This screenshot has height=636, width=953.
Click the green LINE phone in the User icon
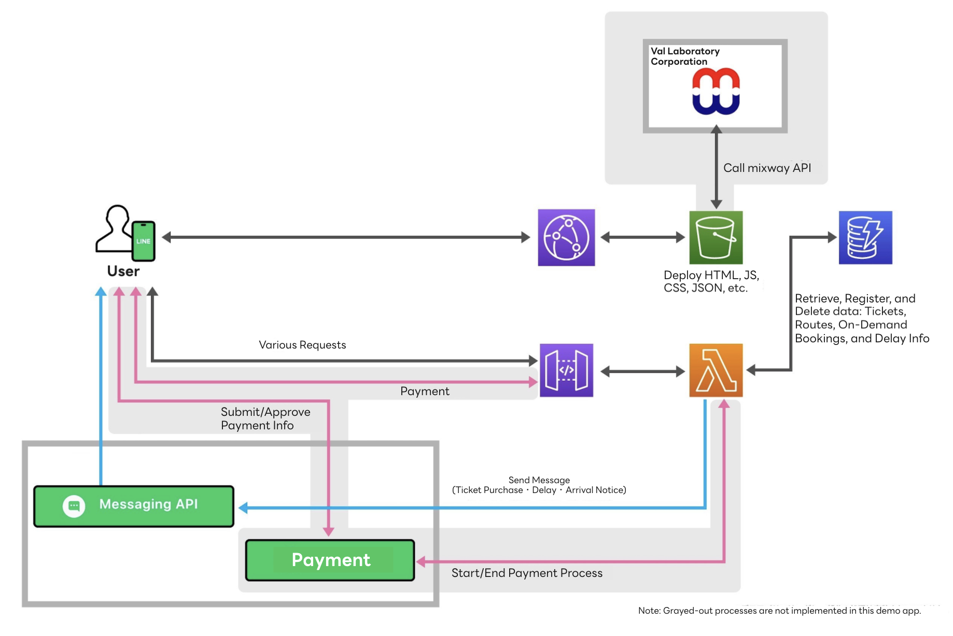(143, 241)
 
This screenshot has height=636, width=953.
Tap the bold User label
(123, 271)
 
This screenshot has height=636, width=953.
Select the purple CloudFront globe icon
(566, 238)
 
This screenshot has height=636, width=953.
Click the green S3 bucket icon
(716, 238)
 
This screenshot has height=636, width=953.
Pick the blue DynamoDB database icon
(865, 238)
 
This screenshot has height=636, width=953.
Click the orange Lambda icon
(716, 370)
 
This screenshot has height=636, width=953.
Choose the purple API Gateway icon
(566, 370)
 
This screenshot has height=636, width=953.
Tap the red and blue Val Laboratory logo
(716, 91)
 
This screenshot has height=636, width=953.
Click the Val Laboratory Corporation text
(684, 56)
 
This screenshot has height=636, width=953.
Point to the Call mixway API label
(767, 168)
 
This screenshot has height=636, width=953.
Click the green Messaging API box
(134, 506)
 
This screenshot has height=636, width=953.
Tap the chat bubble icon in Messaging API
(74, 506)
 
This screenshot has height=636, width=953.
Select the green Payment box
(330, 560)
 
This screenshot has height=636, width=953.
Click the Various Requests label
(302, 345)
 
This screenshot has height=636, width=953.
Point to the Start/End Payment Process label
(527, 573)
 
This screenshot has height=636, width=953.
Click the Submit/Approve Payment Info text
(265, 418)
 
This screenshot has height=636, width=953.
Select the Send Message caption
(539, 485)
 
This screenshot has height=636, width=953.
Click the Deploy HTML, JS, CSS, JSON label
(711, 282)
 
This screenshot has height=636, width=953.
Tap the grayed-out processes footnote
(779, 611)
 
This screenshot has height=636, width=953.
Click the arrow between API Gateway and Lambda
(642, 371)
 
